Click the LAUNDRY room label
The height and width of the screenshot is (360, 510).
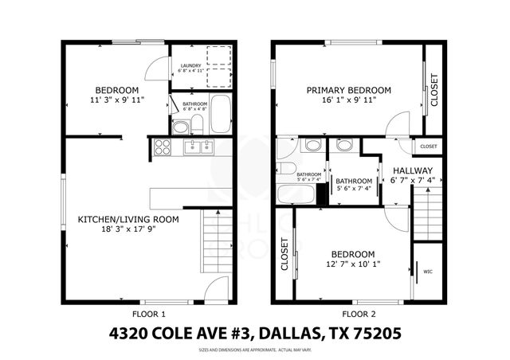(190, 66)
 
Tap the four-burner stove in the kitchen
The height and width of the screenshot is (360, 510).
(163, 147)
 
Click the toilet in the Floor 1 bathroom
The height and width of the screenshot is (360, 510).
(181, 127)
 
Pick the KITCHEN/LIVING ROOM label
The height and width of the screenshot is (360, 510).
(127, 218)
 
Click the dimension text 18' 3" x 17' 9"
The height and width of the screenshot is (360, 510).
(127, 229)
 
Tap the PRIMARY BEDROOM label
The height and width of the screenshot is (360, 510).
(349, 91)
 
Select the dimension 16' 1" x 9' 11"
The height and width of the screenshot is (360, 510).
(349, 101)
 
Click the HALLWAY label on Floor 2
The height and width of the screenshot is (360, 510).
(413, 170)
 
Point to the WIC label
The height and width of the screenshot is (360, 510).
(428, 270)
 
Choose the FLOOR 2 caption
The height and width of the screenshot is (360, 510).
(348, 314)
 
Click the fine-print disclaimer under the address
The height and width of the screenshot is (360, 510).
(254, 349)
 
